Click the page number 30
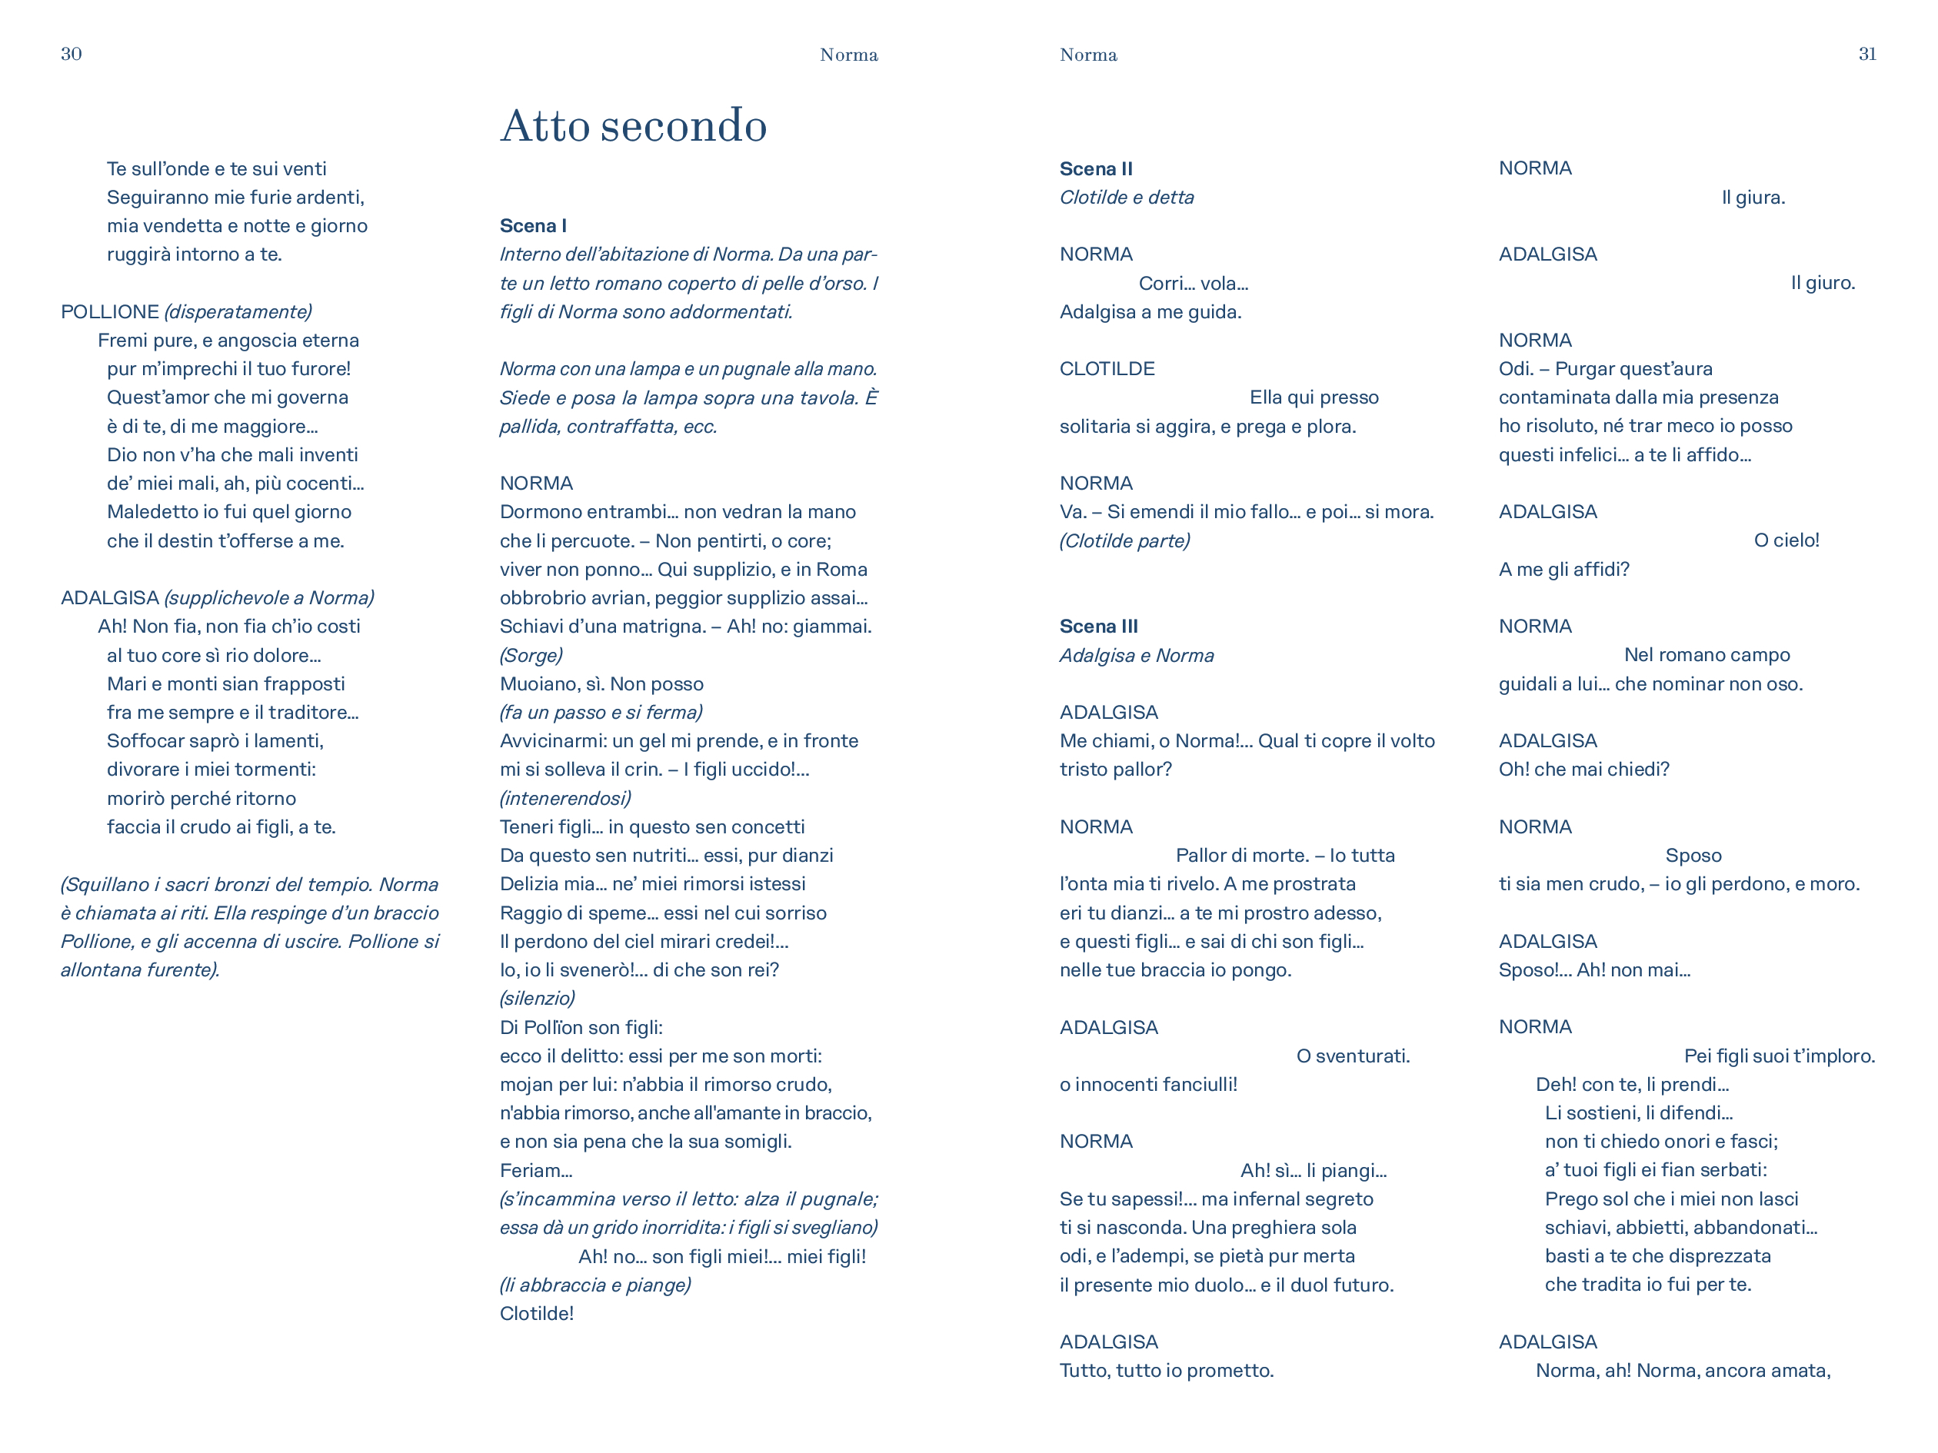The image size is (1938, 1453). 71,55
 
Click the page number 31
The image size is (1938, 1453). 1867,55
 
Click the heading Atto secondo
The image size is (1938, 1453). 634,125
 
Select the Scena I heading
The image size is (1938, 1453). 533,226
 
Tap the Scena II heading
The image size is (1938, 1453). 1095,169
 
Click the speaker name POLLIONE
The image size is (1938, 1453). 109,312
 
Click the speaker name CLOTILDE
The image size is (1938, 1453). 1107,369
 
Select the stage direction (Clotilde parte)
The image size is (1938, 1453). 1124,541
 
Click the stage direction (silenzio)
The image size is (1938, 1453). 537,999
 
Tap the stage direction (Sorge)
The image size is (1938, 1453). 531,655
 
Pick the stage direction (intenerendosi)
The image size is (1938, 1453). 565,799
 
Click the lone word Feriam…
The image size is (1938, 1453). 535,1170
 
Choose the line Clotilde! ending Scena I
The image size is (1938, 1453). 536,1314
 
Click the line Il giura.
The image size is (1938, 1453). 1753,198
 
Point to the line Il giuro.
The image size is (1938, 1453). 1823,283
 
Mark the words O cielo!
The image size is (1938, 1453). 1786,540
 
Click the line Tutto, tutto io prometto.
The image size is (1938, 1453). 1166,1371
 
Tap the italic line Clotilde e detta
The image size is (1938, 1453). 1126,198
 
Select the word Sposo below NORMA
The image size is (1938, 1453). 1693,856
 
